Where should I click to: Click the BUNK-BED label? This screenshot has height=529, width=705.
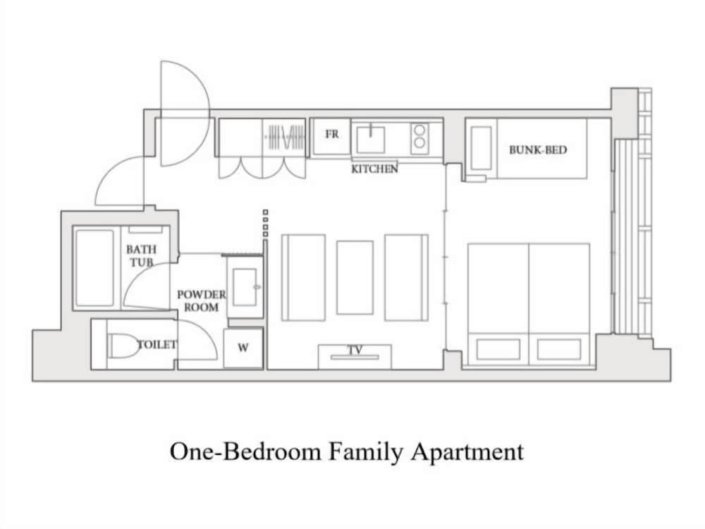pyautogui.click(x=538, y=150)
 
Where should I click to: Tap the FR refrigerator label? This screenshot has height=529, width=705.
pyautogui.click(x=332, y=134)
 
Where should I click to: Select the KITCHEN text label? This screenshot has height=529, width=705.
pyautogui.click(x=374, y=169)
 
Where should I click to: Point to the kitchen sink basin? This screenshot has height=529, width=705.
pyautogui.click(x=371, y=140)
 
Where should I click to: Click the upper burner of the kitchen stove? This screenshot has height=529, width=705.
pyautogui.click(x=419, y=131)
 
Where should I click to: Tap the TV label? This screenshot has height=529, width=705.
pyautogui.click(x=355, y=350)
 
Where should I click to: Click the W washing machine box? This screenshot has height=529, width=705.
pyautogui.click(x=243, y=348)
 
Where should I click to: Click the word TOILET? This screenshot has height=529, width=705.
pyautogui.click(x=157, y=345)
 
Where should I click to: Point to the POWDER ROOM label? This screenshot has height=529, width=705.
pyautogui.click(x=202, y=301)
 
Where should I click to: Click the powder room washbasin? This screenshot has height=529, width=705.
pyautogui.click(x=245, y=288)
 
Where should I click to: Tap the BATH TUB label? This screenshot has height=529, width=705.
pyautogui.click(x=141, y=255)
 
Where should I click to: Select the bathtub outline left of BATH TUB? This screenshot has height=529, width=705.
pyautogui.click(x=94, y=268)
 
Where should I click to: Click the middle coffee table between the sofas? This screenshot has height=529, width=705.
pyautogui.click(x=355, y=277)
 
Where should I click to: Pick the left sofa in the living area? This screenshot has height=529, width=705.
pyautogui.click(x=303, y=277)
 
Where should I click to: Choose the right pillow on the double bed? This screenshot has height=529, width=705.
pyautogui.click(x=559, y=350)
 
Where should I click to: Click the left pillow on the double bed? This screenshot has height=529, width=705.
pyautogui.click(x=498, y=350)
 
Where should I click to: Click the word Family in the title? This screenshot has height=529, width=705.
pyautogui.click(x=365, y=451)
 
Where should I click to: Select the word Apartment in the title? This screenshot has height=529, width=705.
pyautogui.click(x=467, y=452)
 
